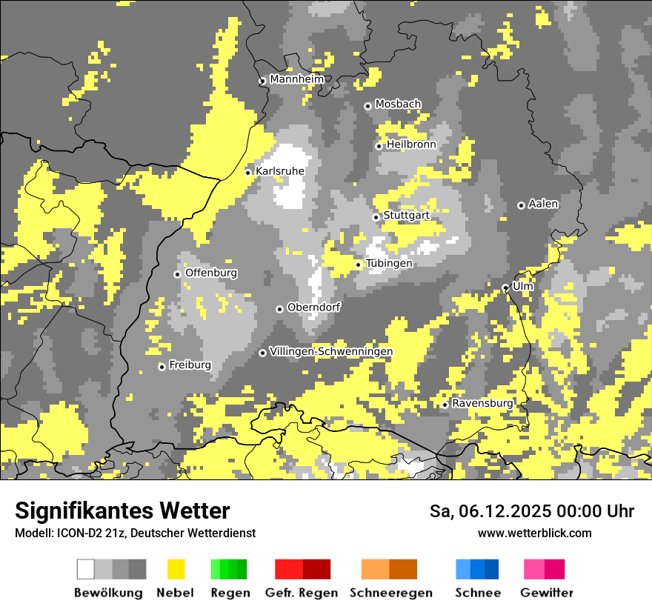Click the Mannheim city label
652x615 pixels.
297,79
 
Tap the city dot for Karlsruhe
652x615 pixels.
248,173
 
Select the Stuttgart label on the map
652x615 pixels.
406,216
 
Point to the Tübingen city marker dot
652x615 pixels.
359,265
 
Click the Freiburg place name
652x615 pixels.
190,365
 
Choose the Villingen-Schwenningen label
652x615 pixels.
331,351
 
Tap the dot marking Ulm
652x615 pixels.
505,287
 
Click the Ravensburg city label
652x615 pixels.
482,403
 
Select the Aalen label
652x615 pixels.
543,204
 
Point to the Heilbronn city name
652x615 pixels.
411,144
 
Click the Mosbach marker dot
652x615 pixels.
367,106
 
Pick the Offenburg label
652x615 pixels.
211,273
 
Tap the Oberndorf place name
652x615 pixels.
313,307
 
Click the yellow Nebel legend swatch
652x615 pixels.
176,569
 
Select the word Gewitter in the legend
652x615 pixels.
547,593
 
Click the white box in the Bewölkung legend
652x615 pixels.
86,569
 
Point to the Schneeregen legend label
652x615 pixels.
391,593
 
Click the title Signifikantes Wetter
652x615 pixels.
122,511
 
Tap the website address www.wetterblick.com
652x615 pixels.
535,533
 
